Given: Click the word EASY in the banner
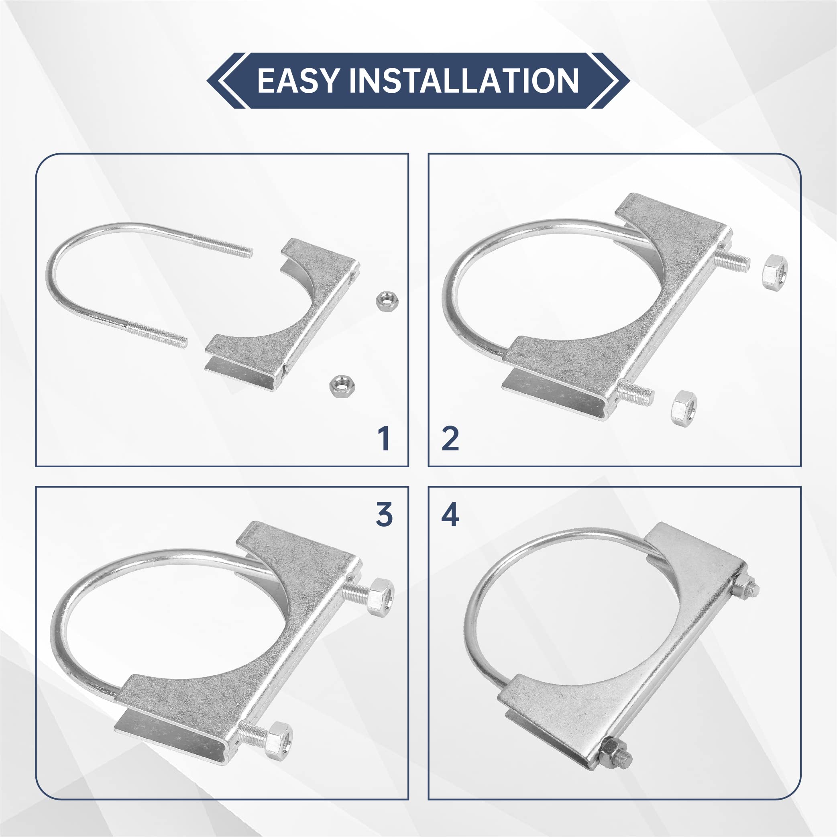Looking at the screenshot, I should pyautogui.click(x=297, y=81).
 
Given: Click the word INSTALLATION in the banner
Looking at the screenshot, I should pyautogui.click(x=464, y=81).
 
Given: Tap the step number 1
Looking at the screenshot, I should pyautogui.click(x=383, y=438).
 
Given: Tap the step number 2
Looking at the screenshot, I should pyautogui.click(x=450, y=438).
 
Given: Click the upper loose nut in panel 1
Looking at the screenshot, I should pyautogui.click(x=387, y=301).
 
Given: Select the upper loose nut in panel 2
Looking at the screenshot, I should pyautogui.click(x=775, y=273).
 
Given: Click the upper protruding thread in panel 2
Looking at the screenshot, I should pyautogui.click(x=732, y=262).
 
